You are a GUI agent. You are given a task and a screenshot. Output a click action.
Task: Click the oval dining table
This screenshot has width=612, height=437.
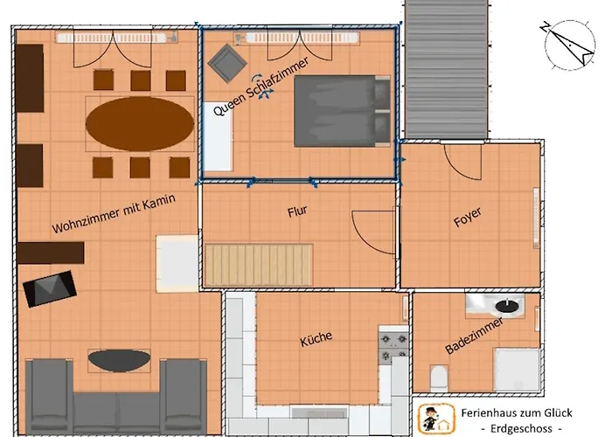point(140,123)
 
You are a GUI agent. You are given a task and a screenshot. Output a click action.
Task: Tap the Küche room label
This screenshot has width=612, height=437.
point(316,338)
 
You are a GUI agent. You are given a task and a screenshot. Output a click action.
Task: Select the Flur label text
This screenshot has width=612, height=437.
point(297,212)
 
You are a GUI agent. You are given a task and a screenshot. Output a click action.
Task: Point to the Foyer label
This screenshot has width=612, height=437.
point(468,217)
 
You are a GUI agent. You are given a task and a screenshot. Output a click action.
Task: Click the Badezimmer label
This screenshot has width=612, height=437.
point(474,336)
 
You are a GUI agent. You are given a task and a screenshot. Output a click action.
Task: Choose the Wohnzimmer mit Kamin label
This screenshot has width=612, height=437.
point(114,213)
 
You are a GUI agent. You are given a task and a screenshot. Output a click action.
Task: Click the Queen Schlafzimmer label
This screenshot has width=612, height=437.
point(261,87)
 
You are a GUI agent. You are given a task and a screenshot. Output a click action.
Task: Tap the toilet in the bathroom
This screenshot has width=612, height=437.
point(438,378)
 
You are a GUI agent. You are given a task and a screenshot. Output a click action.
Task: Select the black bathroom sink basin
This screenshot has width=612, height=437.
point(507,306)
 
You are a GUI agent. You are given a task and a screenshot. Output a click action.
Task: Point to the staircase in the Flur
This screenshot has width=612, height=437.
point(259,265)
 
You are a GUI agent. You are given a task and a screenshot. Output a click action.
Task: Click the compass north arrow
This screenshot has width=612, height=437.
point(568,45)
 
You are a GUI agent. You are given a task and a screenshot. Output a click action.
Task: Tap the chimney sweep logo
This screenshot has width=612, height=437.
point(436,419)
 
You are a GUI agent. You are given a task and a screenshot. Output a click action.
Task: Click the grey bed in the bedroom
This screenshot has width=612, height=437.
point(342,111)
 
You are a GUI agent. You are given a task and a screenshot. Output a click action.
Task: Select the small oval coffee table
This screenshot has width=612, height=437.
point(119,360)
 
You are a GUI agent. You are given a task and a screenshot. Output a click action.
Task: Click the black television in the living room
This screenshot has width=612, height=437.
point(50,288)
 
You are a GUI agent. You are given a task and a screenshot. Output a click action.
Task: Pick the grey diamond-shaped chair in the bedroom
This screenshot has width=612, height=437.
point(227,63)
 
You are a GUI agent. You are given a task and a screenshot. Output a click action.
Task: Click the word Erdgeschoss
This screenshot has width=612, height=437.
point(521,428)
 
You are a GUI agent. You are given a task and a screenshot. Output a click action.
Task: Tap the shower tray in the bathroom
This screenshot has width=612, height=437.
point(517,369)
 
